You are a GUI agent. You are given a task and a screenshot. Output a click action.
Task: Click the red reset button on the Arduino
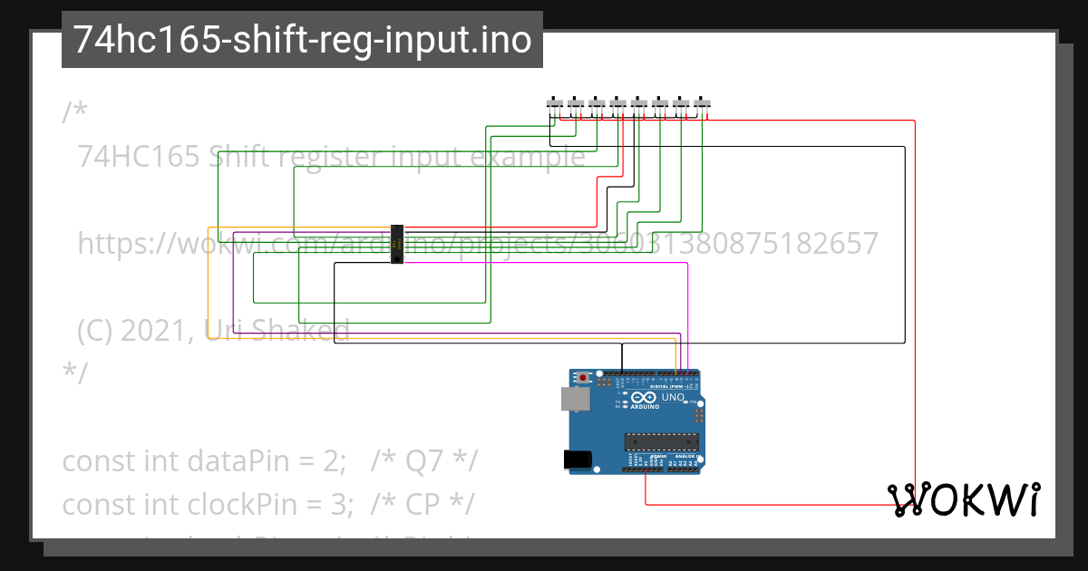583,377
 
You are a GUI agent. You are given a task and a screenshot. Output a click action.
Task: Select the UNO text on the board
673,398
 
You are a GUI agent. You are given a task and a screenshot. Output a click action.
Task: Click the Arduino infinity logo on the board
644,398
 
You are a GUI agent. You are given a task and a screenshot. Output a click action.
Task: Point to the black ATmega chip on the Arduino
661,442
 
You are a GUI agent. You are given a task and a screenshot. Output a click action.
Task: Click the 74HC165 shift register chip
397,245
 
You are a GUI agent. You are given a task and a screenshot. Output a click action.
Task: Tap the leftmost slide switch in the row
554,103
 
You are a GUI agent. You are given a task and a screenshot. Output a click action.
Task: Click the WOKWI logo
964,500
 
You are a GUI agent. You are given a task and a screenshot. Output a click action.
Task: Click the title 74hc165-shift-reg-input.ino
302,40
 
